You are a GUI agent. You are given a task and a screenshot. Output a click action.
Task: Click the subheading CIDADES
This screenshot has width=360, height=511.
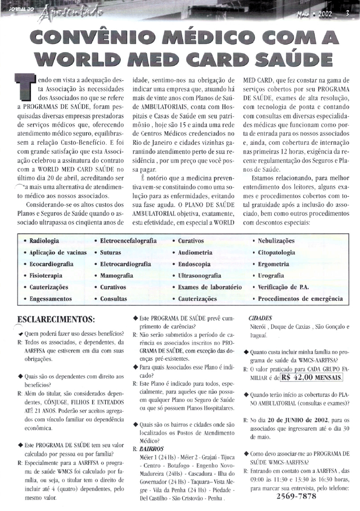click(x=260, y=318)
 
